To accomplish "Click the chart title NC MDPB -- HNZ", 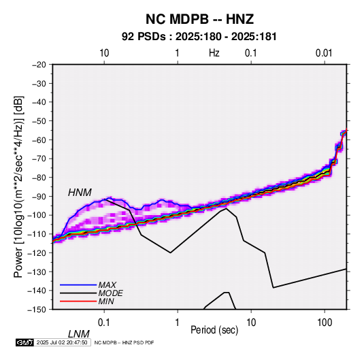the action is coord(199,19).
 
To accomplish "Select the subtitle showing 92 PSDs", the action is coord(199,37).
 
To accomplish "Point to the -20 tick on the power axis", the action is coord(39,64).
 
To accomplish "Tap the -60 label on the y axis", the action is coord(39,140).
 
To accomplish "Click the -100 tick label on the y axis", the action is coord(37,215).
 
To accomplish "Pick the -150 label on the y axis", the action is coord(37,310).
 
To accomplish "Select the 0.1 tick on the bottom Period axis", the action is coord(104,323).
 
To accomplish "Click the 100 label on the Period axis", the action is coord(325,323).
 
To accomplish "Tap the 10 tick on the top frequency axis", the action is coord(104,53).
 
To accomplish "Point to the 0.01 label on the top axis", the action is coord(324,53).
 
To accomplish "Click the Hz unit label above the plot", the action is coord(214,53).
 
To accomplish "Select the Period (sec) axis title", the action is coord(214,330).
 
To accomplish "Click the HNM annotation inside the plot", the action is coord(80,193).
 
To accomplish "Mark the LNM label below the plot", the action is coord(78,334).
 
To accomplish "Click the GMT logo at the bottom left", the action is coord(25,342).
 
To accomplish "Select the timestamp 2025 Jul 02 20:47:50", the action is coord(62,342).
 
